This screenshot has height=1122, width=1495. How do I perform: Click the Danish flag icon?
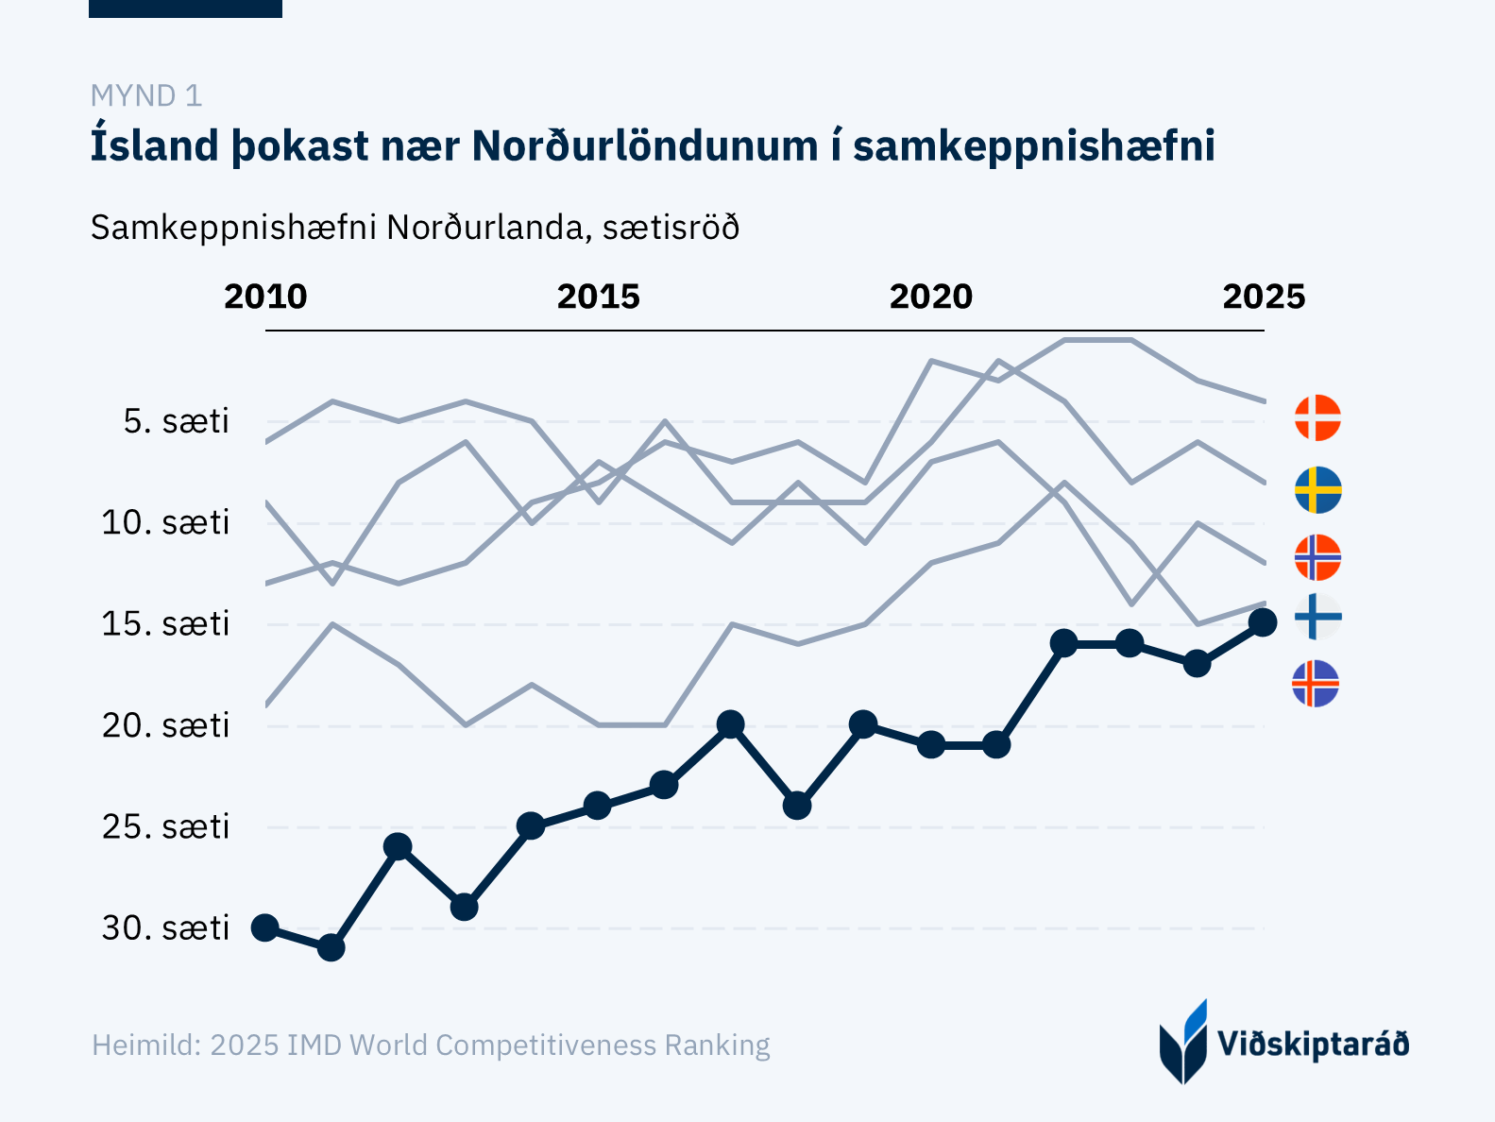(x=1317, y=417)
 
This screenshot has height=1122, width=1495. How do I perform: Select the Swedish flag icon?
(x=1317, y=490)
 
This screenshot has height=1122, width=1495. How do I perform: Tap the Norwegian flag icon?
(x=1317, y=557)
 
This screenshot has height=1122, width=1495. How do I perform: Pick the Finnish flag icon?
(x=1317, y=618)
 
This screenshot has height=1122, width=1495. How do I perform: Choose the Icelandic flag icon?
(x=1316, y=684)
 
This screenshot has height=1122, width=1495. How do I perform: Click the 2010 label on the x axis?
(x=265, y=297)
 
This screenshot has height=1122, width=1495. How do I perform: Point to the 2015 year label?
(x=598, y=297)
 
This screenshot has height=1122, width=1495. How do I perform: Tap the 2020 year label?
(x=931, y=297)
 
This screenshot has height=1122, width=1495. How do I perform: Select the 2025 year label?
(x=1264, y=297)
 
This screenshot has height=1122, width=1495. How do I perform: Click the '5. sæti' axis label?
(x=177, y=421)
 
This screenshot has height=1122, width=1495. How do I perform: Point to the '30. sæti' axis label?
(x=166, y=928)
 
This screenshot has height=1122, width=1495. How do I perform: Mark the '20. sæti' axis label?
(x=166, y=725)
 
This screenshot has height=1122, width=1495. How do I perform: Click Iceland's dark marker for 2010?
(x=264, y=927)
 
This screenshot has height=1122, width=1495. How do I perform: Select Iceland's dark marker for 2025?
(x=1263, y=622)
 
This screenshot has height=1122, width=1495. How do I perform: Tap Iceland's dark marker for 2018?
(x=797, y=806)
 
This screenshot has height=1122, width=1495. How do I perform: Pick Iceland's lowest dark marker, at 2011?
(x=331, y=947)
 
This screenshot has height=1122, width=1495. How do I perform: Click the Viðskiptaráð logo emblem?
(x=1183, y=1042)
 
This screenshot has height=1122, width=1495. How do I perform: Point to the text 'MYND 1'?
(x=146, y=95)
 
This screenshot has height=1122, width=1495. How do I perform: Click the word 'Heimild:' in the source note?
(x=146, y=1045)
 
